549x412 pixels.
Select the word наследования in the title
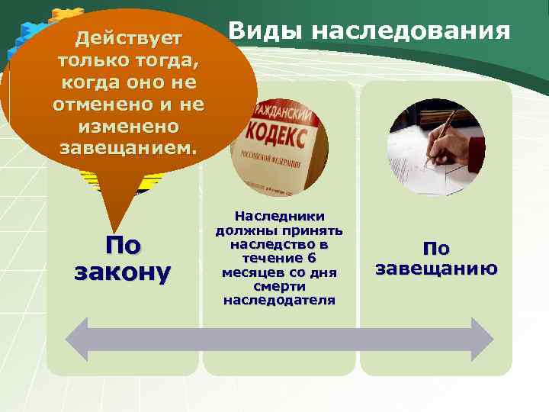pyautogui.click(x=412, y=31)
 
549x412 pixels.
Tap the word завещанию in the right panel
pyautogui.click(x=437, y=269)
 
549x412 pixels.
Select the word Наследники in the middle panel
pyautogui.click(x=279, y=217)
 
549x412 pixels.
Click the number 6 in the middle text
pyautogui.click(x=311, y=259)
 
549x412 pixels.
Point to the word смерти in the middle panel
pyautogui.click(x=279, y=286)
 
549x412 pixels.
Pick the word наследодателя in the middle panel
pyautogui.click(x=279, y=300)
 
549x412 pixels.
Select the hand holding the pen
pyautogui.click(x=454, y=145)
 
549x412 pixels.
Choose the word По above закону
pyautogui.click(x=123, y=246)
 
